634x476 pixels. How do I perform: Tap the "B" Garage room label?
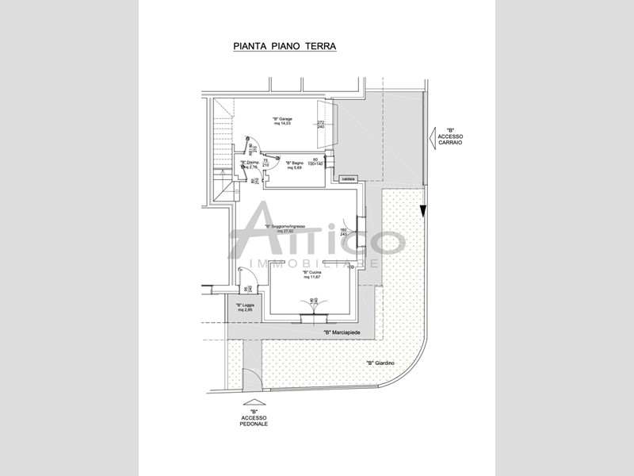[283, 120]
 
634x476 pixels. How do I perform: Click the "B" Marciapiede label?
[338, 332]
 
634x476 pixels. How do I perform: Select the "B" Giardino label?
[381, 363]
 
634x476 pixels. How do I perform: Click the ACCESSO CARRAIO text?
[450, 139]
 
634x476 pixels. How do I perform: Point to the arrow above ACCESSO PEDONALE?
[254, 401]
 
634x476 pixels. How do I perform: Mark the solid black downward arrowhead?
[424, 211]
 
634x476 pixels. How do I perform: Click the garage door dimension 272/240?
[321, 125]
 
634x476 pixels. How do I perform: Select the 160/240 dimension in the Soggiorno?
[344, 232]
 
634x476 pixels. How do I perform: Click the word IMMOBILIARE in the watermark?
[315, 263]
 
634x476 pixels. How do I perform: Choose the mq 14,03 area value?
[283, 124]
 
